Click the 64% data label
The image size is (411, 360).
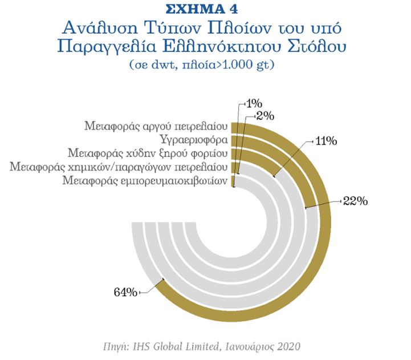[x=125, y=293]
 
